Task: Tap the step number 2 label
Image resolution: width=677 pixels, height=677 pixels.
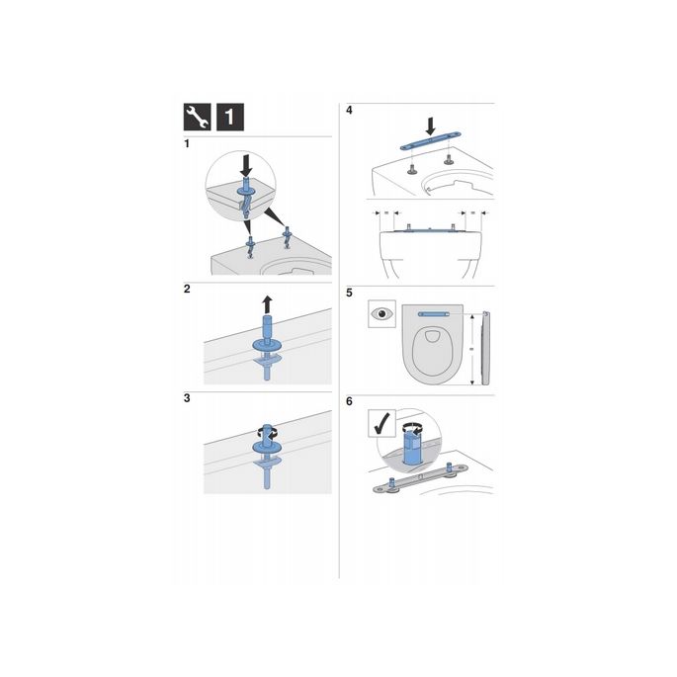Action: (188, 291)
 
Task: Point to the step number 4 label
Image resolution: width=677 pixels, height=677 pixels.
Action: (349, 111)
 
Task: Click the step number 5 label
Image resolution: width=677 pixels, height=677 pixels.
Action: (349, 293)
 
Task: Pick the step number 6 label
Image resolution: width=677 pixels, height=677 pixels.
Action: (349, 403)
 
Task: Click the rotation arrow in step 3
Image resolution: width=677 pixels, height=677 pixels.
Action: (264, 431)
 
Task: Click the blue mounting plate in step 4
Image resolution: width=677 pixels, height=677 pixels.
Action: (428, 145)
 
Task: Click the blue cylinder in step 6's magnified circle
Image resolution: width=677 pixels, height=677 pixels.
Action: (412, 446)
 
